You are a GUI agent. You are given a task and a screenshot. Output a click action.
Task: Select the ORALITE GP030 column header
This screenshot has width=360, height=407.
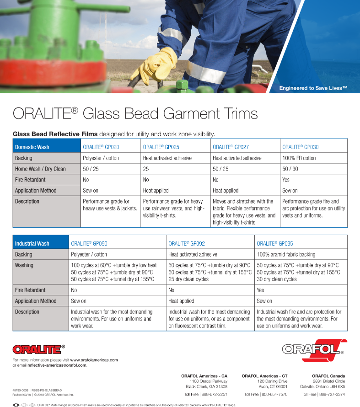(300, 147)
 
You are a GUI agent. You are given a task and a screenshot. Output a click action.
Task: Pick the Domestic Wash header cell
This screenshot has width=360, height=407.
(32, 147)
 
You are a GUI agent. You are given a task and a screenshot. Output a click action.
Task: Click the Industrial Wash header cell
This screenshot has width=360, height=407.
(32, 244)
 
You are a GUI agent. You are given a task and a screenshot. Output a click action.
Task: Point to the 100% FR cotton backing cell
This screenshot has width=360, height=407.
(299, 158)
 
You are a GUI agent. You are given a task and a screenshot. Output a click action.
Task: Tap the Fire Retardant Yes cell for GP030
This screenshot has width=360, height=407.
(286, 180)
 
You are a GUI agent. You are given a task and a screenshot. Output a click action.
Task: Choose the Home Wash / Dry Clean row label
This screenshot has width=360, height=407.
(40, 169)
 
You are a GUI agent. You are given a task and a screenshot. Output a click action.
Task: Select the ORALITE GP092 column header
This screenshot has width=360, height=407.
(187, 244)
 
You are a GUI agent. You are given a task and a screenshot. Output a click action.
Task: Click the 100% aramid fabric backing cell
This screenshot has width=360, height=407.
(286, 254)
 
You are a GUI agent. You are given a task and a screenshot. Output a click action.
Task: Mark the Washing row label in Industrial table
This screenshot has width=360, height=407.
(24, 265)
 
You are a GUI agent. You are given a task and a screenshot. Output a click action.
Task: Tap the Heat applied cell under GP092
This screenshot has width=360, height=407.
(181, 301)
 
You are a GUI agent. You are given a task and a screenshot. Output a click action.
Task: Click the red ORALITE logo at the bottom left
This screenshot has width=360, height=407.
(37, 349)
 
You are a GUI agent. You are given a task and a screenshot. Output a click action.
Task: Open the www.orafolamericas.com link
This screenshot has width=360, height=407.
(94, 360)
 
